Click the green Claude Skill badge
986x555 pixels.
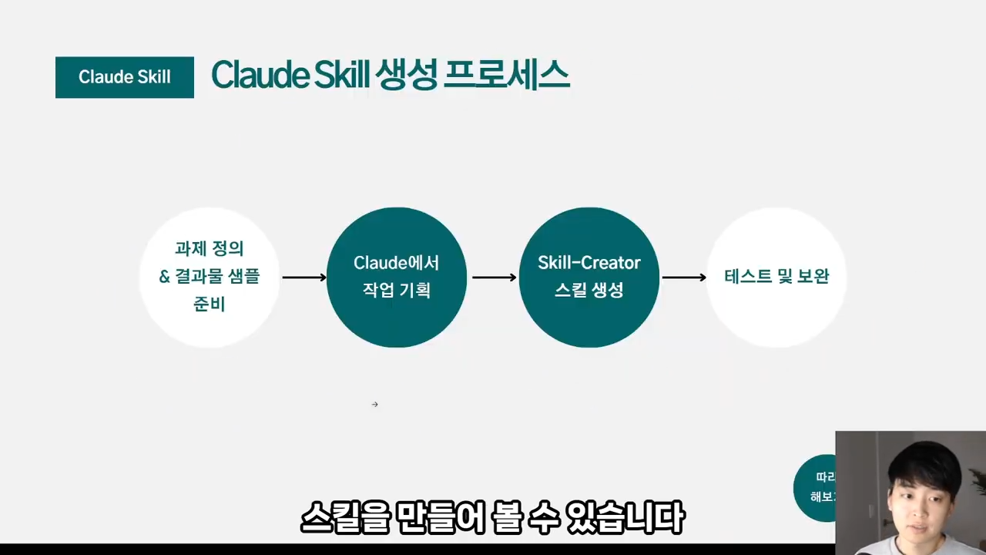pos(124,77)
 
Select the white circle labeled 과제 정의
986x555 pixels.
pos(209,277)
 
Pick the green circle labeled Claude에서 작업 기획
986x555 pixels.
pos(396,277)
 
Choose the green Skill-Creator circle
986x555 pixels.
pos(589,277)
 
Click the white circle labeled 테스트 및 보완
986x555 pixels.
pos(776,277)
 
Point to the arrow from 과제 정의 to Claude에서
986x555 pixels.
pos(304,277)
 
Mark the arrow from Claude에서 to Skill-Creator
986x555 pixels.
pos(494,277)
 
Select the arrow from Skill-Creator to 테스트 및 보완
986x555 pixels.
pos(684,277)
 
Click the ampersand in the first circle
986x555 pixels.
pos(165,277)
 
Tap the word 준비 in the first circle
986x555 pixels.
pos(209,304)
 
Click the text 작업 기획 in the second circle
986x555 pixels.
pos(396,291)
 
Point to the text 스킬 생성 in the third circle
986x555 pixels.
pos(589,291)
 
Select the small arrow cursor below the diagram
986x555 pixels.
pos(375,404)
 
